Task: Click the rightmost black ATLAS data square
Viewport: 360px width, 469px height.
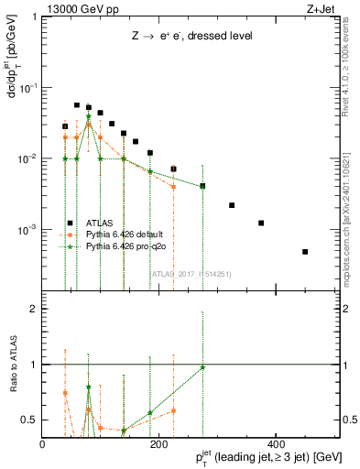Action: (x=305, y=252)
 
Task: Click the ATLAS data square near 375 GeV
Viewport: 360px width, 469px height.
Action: (x=261, y=223)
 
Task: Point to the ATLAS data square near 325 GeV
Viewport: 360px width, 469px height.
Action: (x=232, y=205)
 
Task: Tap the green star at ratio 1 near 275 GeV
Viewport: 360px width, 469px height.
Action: (x=202, y=367)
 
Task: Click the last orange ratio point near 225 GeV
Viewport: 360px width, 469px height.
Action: (x=173, y=410)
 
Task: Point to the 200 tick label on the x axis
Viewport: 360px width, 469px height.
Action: (x=158, y=444)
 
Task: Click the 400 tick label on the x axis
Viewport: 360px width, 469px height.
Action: (x=276, y=444)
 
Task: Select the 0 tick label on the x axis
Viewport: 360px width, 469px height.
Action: (x=42, y=444)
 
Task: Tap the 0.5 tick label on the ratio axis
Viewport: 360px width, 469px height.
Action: (x=29, y=420)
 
